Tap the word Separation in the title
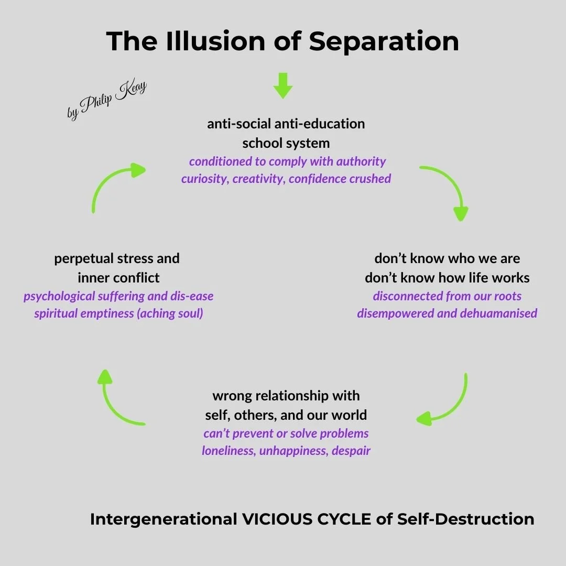click(384, 41)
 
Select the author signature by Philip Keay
click(107, 100)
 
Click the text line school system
click(286, 143)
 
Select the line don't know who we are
click(447, 258)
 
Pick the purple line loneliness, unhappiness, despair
click(286, 451)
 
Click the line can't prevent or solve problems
click(286, 433)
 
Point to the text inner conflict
click(118, 277)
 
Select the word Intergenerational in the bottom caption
click(163, 519)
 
